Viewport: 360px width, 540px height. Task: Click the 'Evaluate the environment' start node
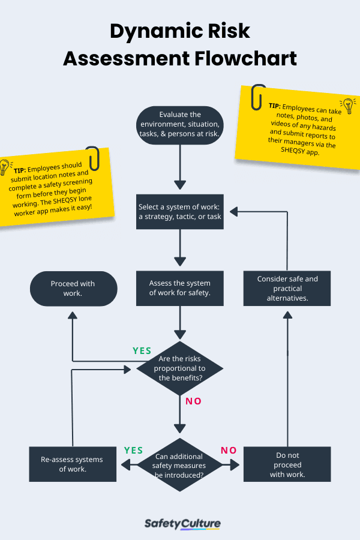point(180,125)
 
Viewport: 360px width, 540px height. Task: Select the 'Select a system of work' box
point(180,211)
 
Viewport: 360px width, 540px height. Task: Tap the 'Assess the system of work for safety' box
point(180,288)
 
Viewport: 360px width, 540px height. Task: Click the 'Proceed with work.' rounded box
point(73,289)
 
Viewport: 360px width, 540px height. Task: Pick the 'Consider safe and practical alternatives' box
point(287,288)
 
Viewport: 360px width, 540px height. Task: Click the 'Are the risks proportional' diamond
point(180,368)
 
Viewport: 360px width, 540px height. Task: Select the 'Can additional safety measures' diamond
point(180,465)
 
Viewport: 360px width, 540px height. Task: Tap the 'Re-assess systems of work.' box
point(72,464)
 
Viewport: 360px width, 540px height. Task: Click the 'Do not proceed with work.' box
point(287,464)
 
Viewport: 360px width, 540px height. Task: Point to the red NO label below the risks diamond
point(193,401)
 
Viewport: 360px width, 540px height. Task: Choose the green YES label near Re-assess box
point(133,450)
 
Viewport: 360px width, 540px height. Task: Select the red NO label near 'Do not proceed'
point(229,450)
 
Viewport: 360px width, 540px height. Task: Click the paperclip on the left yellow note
point(93,158)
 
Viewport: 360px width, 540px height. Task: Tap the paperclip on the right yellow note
point(259,97)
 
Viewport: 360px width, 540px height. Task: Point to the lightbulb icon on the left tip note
point(5,167)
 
